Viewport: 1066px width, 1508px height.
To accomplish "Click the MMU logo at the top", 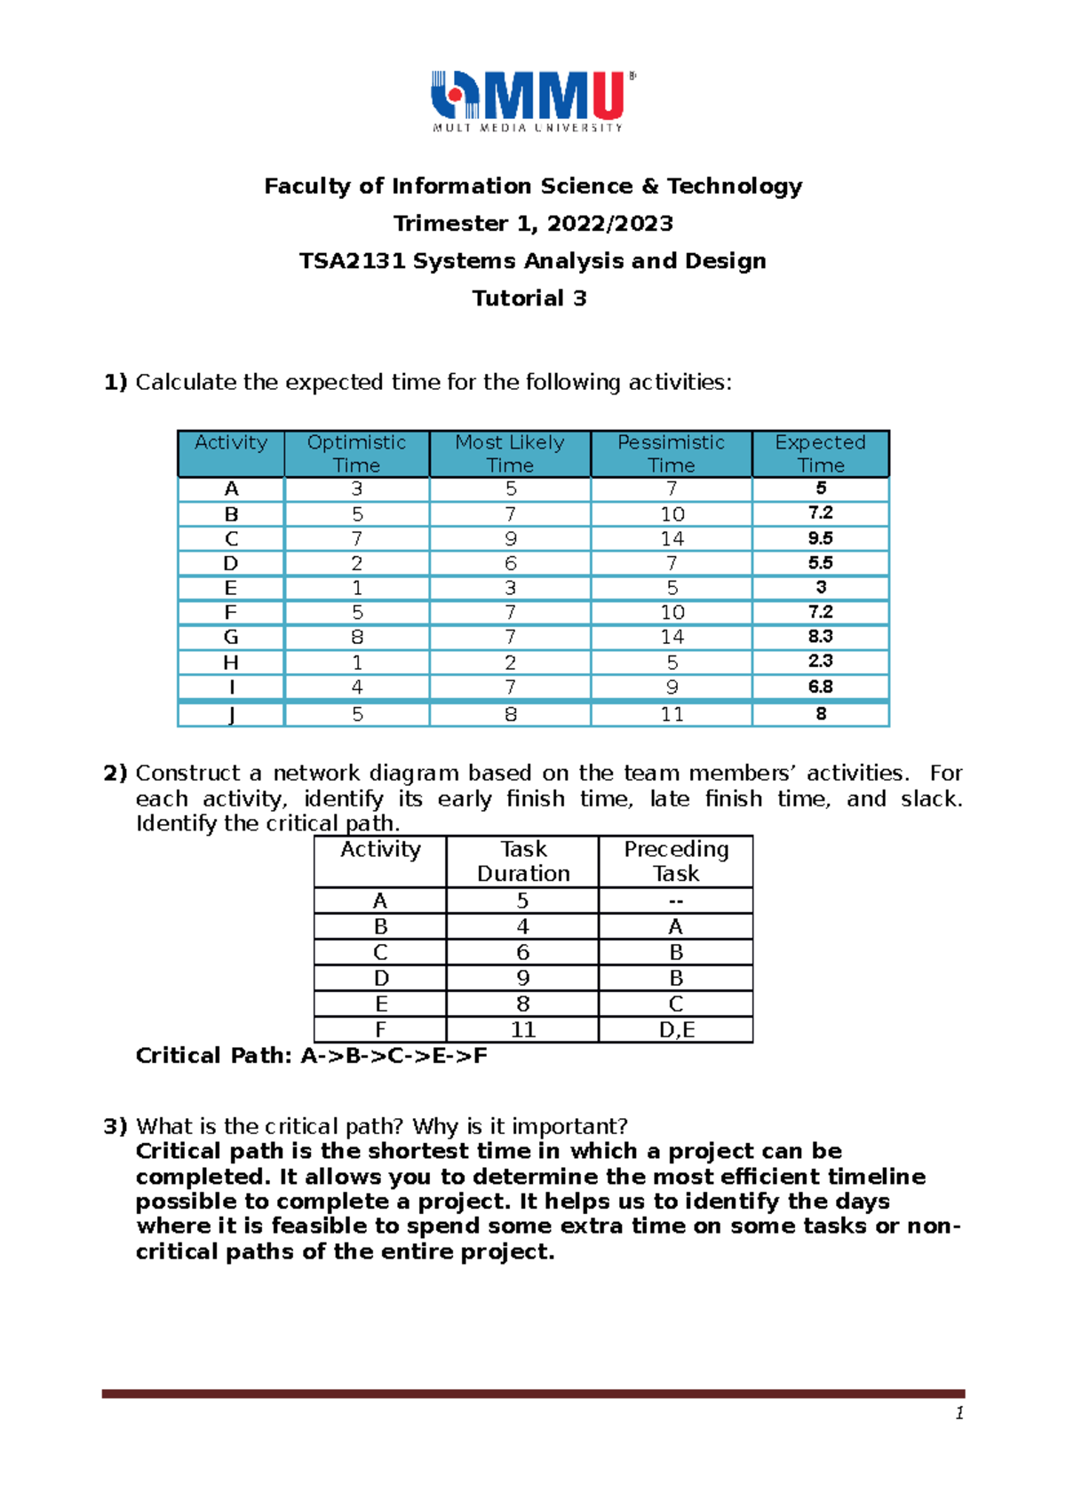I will pos(533,99).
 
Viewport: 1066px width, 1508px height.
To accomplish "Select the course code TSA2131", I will pos(352,261).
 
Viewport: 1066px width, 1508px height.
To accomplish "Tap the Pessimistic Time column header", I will pos(671,454).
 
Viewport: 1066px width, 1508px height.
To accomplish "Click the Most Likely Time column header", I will pos(510,454).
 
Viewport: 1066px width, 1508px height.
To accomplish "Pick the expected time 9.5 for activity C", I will pos(820,538).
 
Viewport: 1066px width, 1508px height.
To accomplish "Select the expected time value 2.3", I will pos(820,662).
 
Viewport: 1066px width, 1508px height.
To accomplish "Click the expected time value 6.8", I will pos(820,687).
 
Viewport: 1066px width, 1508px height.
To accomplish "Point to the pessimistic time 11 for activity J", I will pos(672,715).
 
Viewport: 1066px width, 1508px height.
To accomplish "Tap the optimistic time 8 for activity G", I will pos(357,637).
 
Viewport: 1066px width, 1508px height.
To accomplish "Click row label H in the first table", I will pos(231,663).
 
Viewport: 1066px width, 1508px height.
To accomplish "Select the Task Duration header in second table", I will pos(523,861).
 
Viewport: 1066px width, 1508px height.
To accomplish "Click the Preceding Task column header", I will pos(676,861).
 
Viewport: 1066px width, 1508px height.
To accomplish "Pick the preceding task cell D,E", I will pos(676,1030).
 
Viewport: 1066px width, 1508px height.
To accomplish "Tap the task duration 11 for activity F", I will pos(523,1030).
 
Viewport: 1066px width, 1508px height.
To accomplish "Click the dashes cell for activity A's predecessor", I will pos(676,901).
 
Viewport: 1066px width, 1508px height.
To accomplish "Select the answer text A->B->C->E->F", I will pos(394,1056).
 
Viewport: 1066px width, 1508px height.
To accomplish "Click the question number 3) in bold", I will pos(115,1127).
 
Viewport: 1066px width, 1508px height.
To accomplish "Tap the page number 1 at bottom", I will pos(959,1414).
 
